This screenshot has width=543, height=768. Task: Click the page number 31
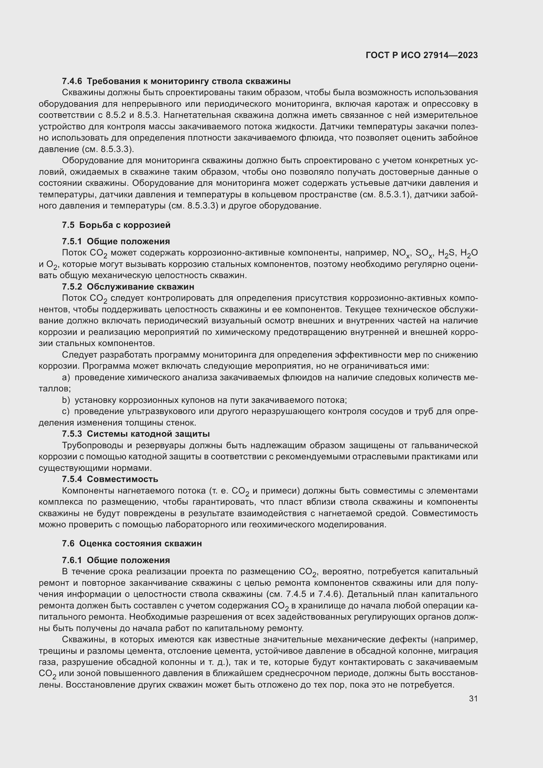[473, 698]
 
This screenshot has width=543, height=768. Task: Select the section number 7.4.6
[72, 81]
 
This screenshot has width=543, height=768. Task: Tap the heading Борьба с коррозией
[124, 225]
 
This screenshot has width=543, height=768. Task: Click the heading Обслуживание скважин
[140, 287]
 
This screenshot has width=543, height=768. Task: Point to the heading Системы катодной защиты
[148, 434]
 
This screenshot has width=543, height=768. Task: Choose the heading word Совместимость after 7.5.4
[122, 479]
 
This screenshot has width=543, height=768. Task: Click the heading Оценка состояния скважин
[140, 543]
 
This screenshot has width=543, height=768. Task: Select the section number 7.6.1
[72, 560]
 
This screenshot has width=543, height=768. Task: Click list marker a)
[66, 377]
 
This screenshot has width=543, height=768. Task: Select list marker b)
[66, 400]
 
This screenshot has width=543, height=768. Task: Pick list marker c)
[66, 411]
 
